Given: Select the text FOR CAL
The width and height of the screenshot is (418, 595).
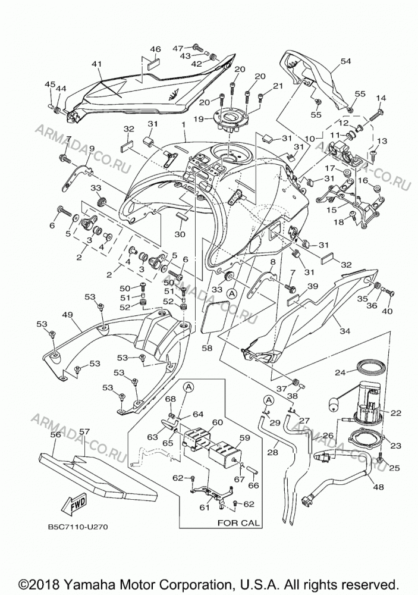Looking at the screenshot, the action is pos(238,522).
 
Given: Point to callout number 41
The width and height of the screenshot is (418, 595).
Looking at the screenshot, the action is pos(97,64).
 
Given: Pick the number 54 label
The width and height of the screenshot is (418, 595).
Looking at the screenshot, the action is pos(345,61).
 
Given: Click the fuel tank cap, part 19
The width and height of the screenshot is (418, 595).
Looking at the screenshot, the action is pos(230,119).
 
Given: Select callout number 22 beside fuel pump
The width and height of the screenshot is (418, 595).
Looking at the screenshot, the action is pos(395,414).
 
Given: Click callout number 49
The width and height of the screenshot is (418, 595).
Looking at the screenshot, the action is pos(67,315).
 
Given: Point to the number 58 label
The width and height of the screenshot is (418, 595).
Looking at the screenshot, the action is pos(207,347).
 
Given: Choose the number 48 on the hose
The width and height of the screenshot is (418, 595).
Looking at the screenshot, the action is pos(378,487).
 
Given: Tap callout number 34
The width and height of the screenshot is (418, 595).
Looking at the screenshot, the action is pos(345,331).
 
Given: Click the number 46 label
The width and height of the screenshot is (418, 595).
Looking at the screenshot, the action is pos(156,49).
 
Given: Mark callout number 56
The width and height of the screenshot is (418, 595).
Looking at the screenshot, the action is pos(56,435).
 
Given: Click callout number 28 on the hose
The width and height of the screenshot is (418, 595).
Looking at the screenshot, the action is pos(273,452).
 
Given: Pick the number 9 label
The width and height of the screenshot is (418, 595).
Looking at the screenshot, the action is pos(92,148).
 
